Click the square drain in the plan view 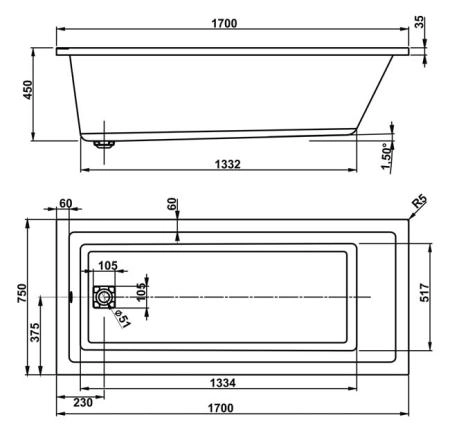point(103,297)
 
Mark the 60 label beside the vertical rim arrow point(171,205)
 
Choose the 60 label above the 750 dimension point(67,204)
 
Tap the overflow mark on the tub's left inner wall point(71,296)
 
